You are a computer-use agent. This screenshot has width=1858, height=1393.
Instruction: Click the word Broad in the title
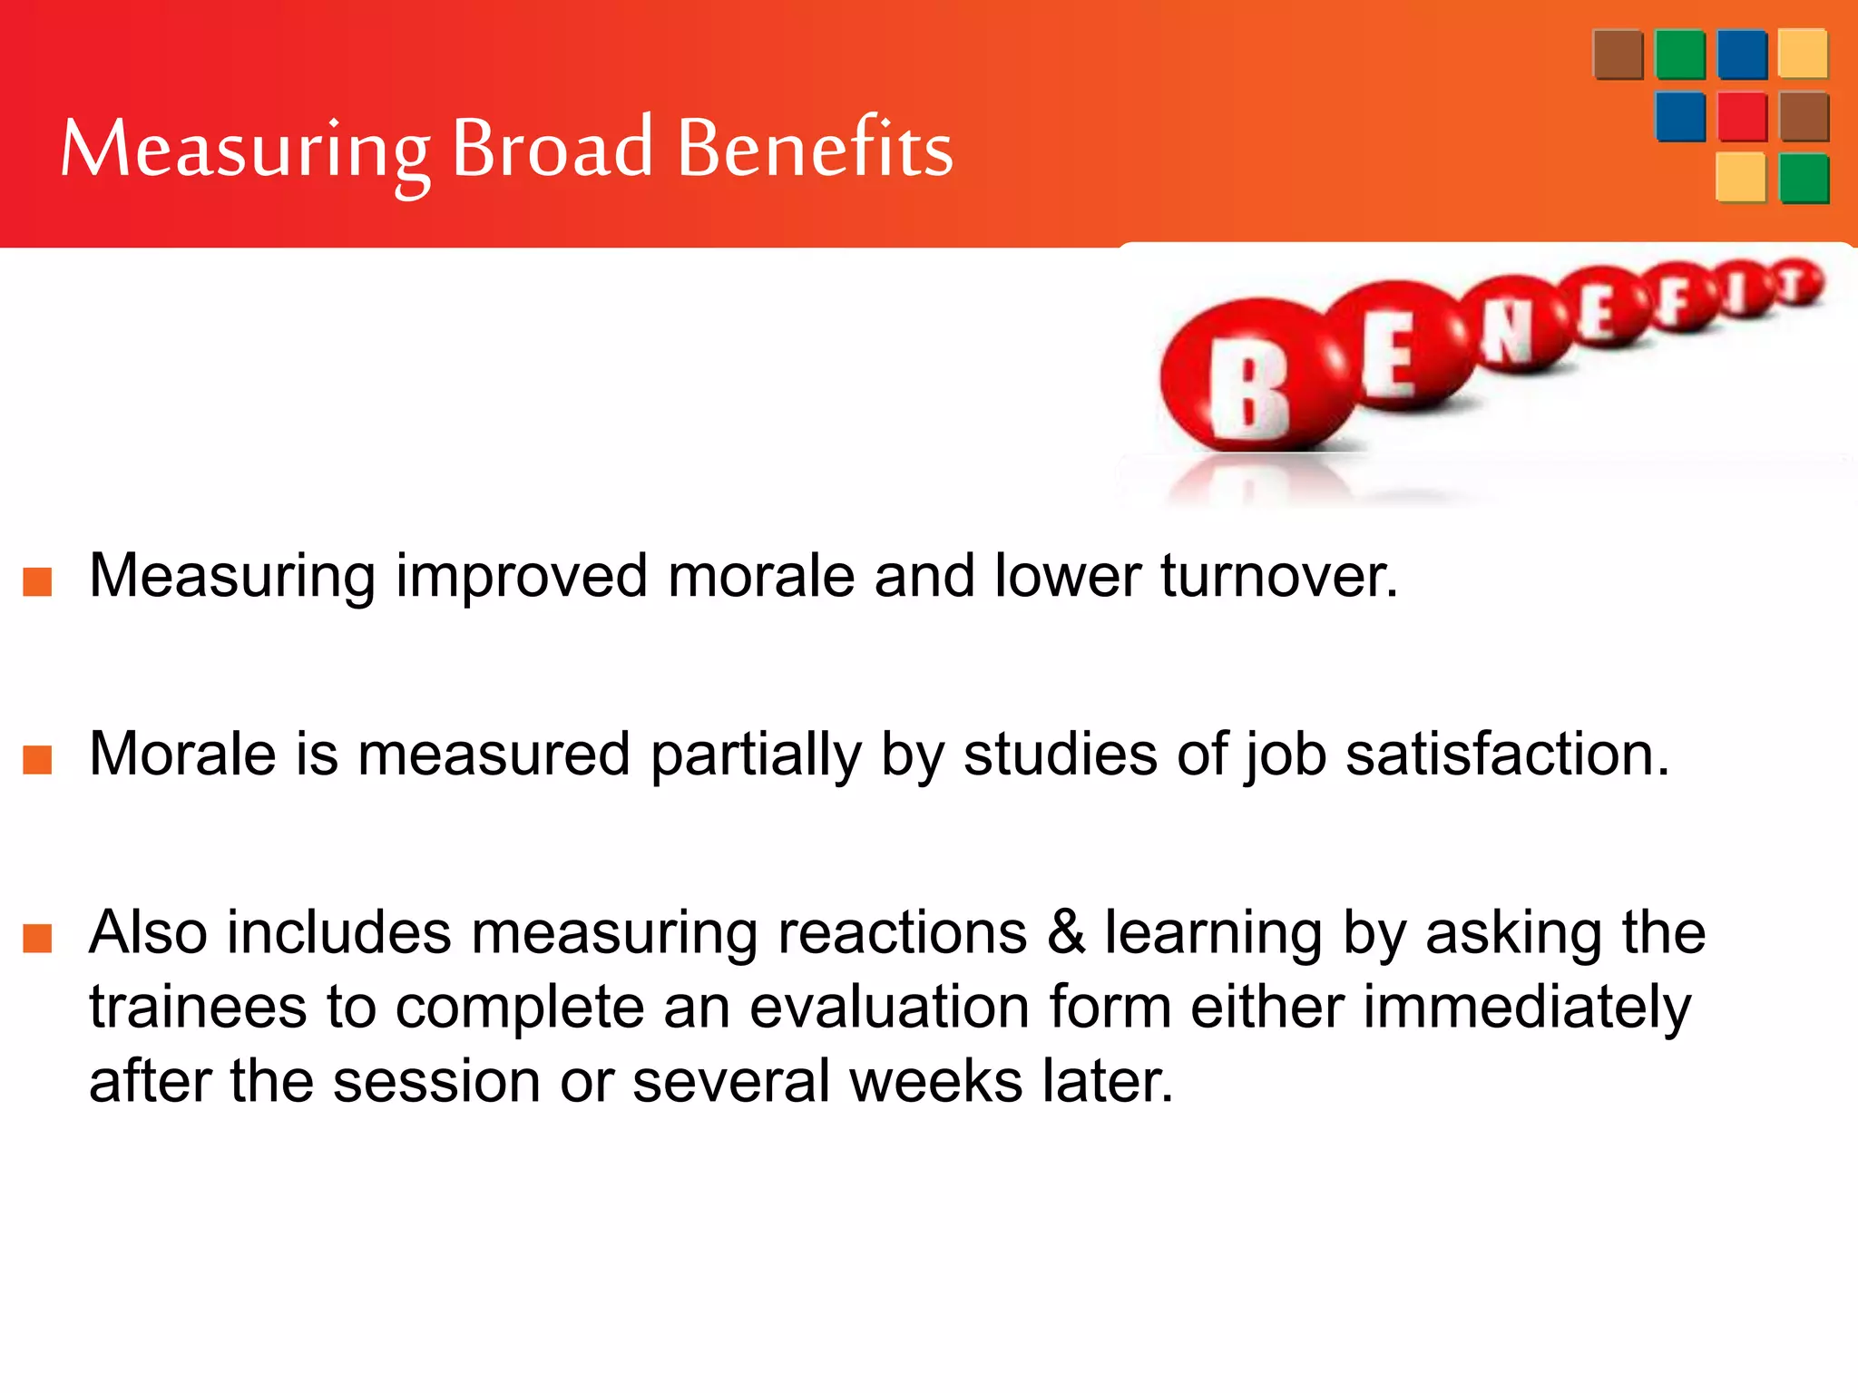(x=552, y=147)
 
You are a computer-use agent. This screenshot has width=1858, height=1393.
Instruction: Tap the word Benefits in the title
(x=815, y=147)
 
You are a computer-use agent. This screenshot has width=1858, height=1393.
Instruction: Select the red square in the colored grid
(x=1742, y=116)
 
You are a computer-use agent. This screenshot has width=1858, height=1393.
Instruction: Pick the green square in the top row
(x=1680, y=54)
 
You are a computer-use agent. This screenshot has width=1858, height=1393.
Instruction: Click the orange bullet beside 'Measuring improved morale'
(x=37, y=581)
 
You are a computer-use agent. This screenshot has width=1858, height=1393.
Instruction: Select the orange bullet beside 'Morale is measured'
(x=37, y=759)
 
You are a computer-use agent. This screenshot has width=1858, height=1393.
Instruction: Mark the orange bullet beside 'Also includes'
(x=37, y=938)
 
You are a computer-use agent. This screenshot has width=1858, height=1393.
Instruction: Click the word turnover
(x=1279, y=577)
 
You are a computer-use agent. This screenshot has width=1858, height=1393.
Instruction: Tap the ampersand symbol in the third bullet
(x=1066, y=934)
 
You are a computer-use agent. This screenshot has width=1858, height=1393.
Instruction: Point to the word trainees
(x=198, y=1008)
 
